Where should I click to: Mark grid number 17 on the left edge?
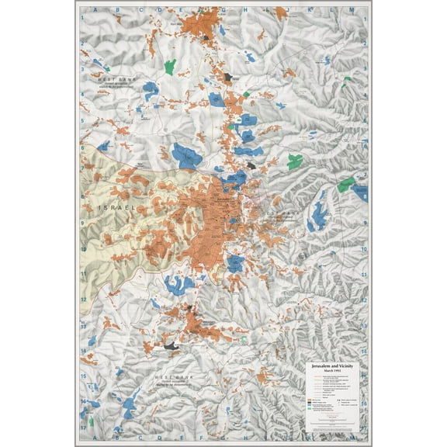point(81,427)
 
